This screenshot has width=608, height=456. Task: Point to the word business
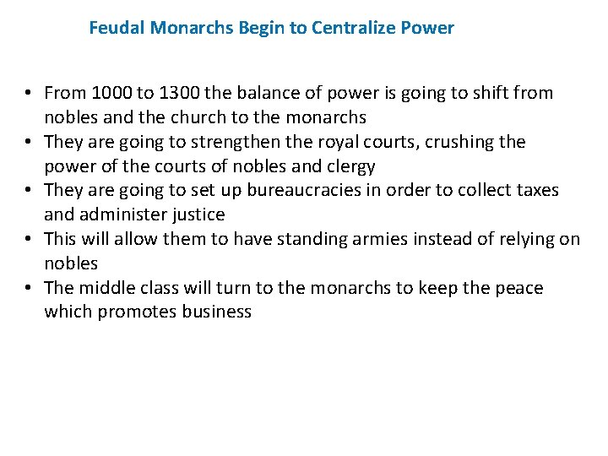point(217,312)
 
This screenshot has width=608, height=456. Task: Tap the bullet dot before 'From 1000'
point(29,94)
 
